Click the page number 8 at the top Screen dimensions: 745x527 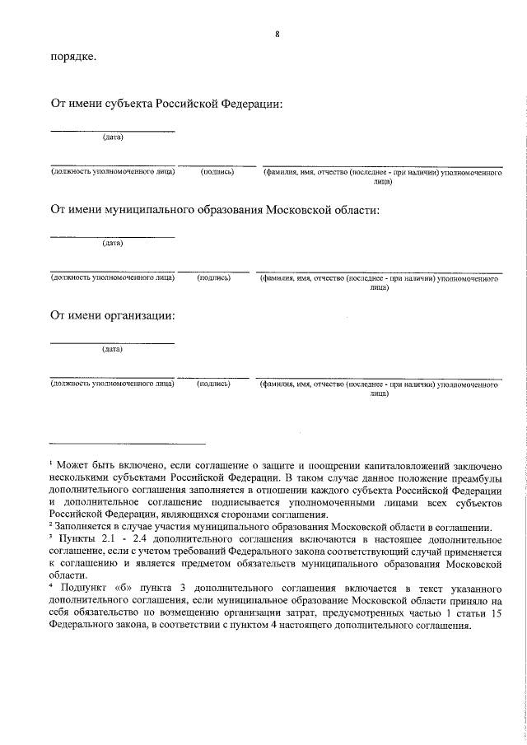point(277,34)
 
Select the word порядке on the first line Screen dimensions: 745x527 point(72,58)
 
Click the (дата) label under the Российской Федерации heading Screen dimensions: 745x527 point(113,137)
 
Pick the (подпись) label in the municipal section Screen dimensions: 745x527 point(214,278)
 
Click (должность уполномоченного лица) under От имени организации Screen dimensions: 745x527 point(112,384)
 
